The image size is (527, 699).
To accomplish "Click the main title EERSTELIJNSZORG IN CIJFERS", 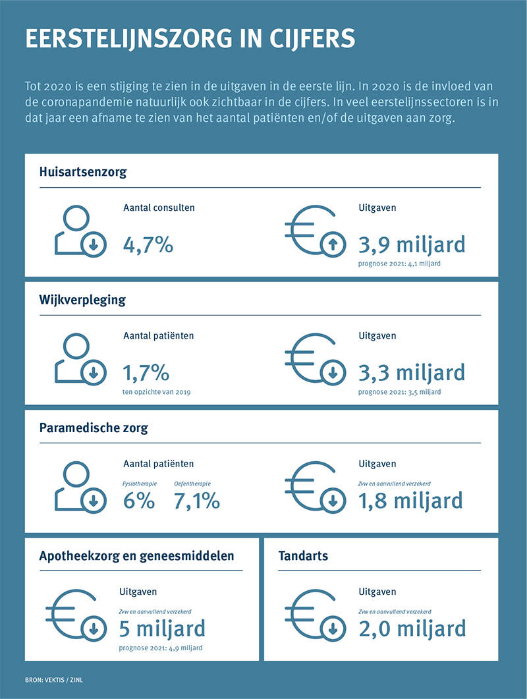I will [x=190, y=38].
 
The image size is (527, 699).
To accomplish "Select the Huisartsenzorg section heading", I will [x=83, y=173].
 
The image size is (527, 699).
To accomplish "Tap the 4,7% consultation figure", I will [x=148, y=245].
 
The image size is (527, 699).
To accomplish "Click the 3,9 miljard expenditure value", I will [x=412, y=244].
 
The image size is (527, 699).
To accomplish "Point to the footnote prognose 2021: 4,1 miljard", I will [x=399, y=264].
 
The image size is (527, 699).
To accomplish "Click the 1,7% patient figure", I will [x=146, y=373].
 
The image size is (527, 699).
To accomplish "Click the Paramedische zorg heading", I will [x=94, y=428].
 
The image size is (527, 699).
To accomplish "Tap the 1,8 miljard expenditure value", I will [x=410, y=501].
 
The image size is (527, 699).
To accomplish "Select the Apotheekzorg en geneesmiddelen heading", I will [x=136, y=556].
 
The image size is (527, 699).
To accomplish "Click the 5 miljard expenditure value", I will [x=162, y=629].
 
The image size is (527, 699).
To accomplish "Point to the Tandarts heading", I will [x=304, y=556].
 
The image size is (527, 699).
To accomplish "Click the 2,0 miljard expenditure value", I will [x=412, y=629].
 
